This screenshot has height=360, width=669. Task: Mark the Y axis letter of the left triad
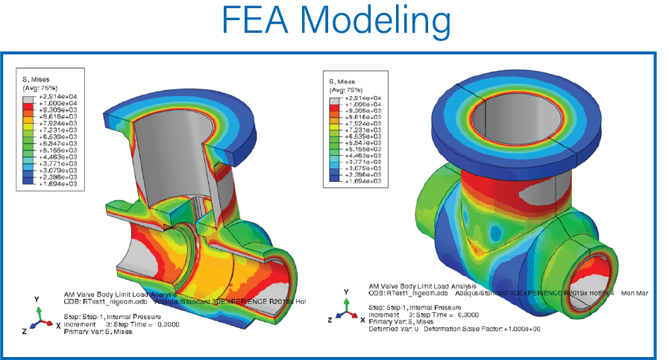click(x=37, y=299)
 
